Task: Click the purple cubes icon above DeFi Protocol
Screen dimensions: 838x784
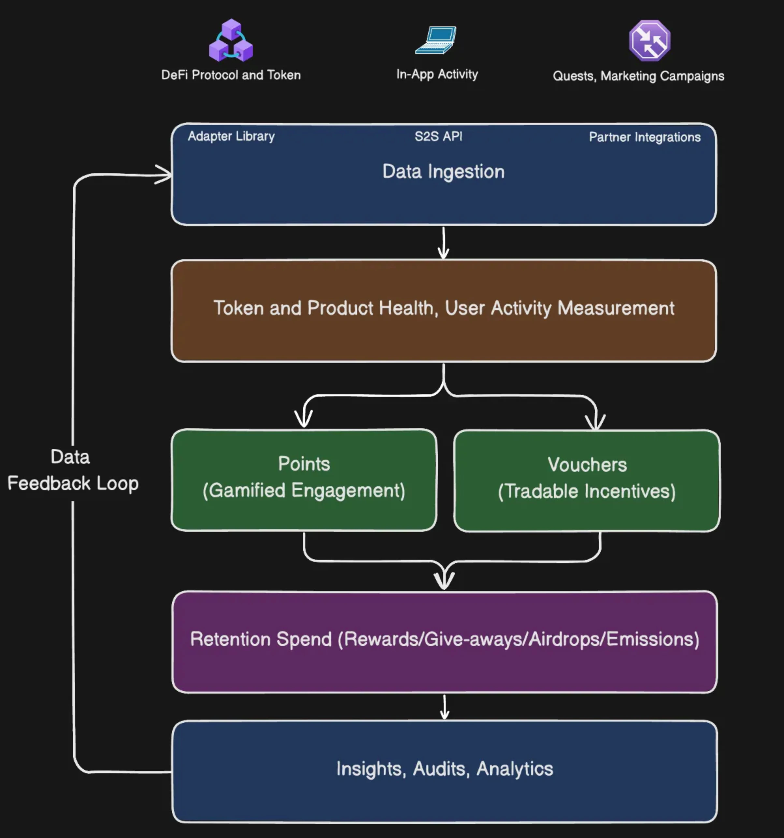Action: pyautogui.click(x=231, y=40)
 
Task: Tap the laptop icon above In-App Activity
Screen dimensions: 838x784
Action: pyautogui.click(x=436, y=40)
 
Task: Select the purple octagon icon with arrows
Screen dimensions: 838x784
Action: pyautogui.click(x=650, y=41)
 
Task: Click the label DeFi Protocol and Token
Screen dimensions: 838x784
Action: pyautogui.click(x=231, y=75)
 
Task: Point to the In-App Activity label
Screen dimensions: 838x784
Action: pyautogui.click(x=437, y=74)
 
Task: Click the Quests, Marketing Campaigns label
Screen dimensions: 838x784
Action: pyautogui.click(x=638, y=76)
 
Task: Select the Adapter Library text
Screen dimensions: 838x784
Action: pyautogui.click(x=231, y=136)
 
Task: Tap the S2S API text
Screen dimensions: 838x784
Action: pyautogui.click(x=438, y=136)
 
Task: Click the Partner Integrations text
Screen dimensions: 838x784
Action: pyautogui.click(x=645, y=137)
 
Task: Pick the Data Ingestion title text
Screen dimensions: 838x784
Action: pyautogui.click(x=443, y=172)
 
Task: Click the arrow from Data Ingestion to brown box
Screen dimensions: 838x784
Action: pyautogui.click(x=443, y=243)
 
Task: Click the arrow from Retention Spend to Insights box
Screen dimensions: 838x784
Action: pyautogui.click(x=444, y=707)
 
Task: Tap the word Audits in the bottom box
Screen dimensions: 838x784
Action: pyautogui.click(x=441, y=769)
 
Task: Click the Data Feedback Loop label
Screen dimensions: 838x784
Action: pyautogui.click(x=72, y=470)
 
